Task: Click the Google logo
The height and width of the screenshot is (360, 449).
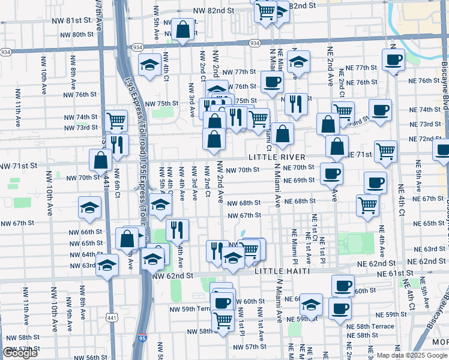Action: (x=20, y=353)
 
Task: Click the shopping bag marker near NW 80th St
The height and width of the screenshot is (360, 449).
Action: (x=182, y=29)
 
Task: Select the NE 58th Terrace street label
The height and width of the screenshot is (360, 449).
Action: (x=370, y=325)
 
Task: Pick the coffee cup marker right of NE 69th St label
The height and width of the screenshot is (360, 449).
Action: (x=331, y=173)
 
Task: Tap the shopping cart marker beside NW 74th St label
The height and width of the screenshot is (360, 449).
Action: (x=116, y=120)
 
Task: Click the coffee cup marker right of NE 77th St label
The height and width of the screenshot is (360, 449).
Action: (x=393, y=59)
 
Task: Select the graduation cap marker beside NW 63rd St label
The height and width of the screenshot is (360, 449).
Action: (x=107, y=265)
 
